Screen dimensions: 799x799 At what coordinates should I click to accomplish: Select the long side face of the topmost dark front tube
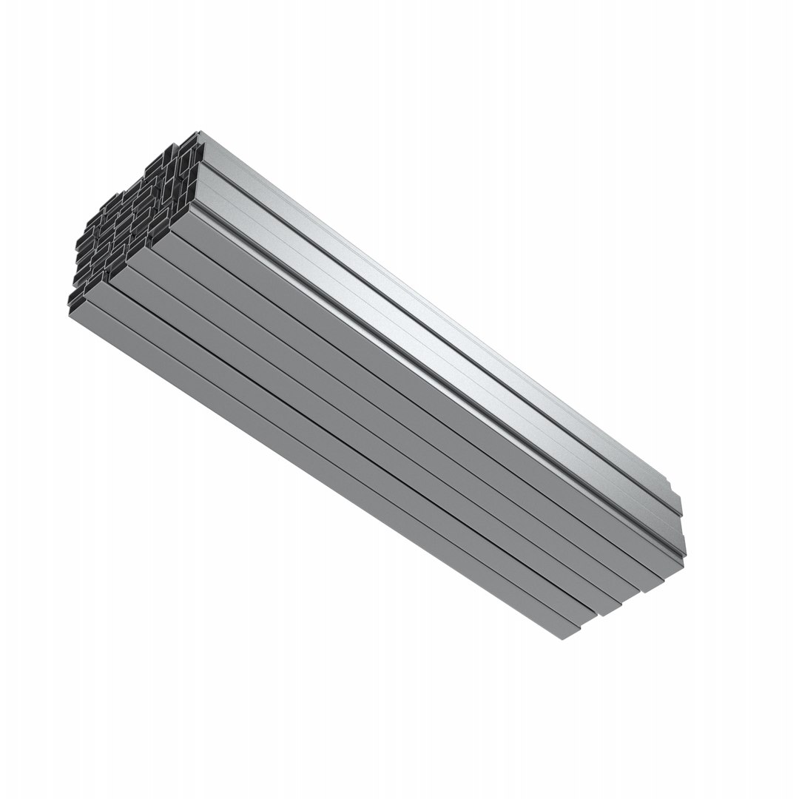[x=414, y=392]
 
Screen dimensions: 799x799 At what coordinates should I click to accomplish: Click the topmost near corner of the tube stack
[x=200, y=132]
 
